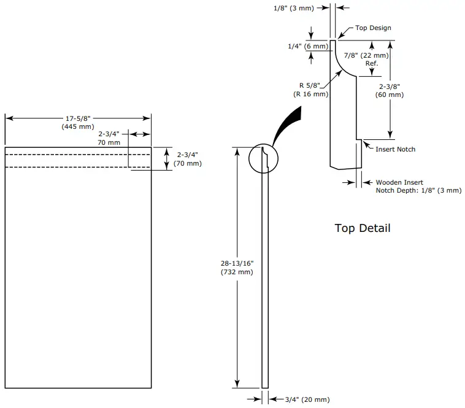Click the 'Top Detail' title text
point(362,228)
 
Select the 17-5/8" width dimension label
point(77,118)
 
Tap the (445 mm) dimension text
point(77,126)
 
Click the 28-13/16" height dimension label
point(237,263)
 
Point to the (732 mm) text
point(237,272)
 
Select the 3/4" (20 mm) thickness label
point(307,399)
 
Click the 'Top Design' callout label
point(373,28)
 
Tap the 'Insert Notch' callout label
point(395,149)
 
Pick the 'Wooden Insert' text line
point(399,182)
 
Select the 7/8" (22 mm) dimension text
point(366,55)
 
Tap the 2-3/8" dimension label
point(391,87)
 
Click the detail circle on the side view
point(263,159)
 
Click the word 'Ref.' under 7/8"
point(372,63)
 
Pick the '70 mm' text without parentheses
point(109,142)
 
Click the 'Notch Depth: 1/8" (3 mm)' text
point(418,191)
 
